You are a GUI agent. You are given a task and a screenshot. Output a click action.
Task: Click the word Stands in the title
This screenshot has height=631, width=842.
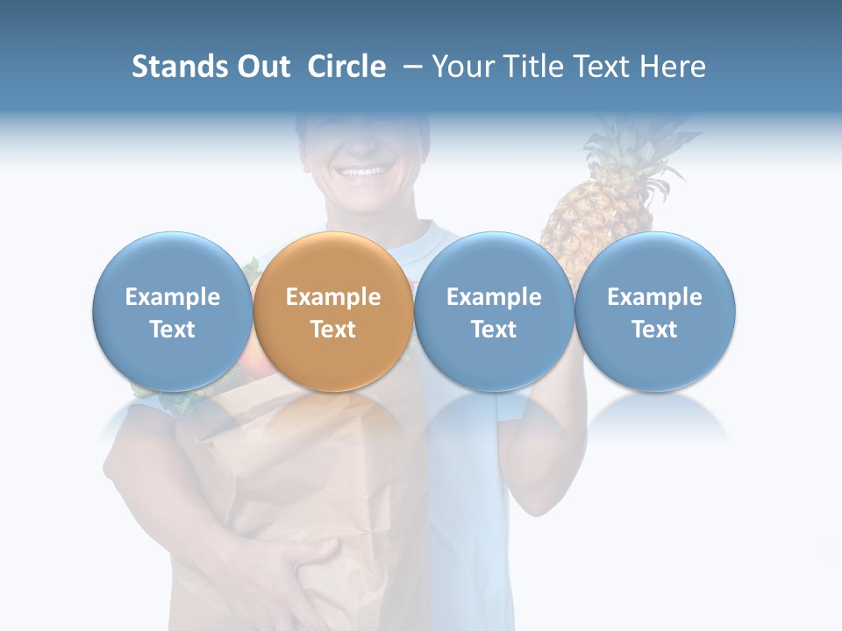point(179,67)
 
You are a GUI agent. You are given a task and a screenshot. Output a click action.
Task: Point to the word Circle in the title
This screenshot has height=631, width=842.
point(346,67)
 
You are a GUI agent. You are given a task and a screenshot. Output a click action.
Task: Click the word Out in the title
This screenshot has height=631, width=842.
point(262,67)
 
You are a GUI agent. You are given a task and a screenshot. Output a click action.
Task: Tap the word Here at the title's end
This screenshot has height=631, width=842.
point(673,67)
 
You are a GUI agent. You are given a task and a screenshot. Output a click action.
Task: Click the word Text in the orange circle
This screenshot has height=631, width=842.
point(333,330)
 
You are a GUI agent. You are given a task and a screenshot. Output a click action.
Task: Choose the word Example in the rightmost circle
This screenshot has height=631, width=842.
point(655,297)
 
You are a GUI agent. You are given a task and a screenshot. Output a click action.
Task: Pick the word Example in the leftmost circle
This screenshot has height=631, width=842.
point(172,297)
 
